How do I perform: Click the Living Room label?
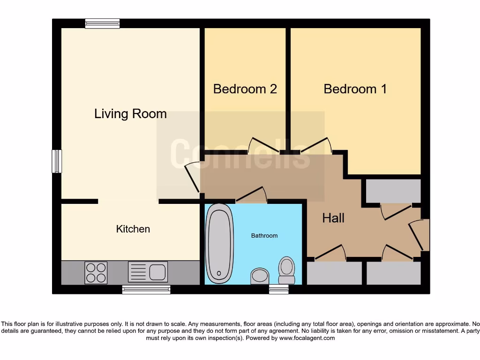(130, 114)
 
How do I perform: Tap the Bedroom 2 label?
(245, 89)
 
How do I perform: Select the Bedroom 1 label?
(355, 89)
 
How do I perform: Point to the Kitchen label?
(133, 229)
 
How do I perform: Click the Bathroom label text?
(264, 236)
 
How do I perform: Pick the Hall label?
(333, 218)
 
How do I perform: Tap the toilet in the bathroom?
(286, 270)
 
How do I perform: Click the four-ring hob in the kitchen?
(96, 272)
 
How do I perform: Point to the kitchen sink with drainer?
(148, 272)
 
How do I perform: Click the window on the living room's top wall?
(102, 23)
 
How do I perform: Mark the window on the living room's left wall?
(57, 161)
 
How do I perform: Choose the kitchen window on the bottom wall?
(146, 289)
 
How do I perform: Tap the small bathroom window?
(278, 289)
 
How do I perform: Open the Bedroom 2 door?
(264, 145)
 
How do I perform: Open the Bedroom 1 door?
(316, 145)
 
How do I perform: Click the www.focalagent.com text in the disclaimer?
(307, 338)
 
